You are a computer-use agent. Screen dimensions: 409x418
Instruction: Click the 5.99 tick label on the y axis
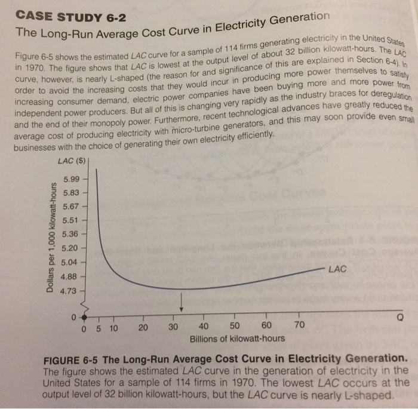71,179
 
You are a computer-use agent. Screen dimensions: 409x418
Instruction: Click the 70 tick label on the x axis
299,325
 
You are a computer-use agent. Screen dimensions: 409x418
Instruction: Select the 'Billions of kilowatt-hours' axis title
237,339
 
